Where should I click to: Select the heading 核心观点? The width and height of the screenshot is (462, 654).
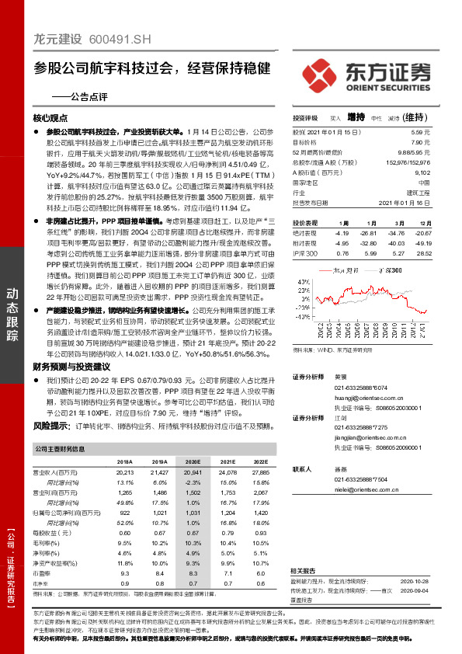point(51,118)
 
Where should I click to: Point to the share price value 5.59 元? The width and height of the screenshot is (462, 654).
point(419,134)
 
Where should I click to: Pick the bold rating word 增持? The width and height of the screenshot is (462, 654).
point(356,117)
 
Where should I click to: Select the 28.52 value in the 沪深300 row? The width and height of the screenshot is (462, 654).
point(422,253)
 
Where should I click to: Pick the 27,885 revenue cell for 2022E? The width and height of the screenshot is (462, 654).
point(260,472)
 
